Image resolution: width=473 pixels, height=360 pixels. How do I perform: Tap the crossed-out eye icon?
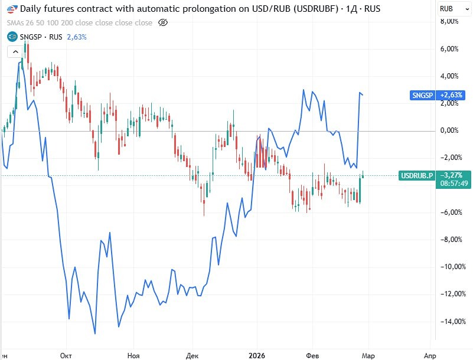point(164,22)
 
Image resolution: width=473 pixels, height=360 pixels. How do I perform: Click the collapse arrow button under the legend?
point(15,51)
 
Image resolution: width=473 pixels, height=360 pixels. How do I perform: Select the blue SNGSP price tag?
point(423,95)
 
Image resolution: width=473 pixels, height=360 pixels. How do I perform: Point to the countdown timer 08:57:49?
point(454,184)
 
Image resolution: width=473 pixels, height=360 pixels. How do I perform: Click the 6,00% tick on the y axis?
point(449,49)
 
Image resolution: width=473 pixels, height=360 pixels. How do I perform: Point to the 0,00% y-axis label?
point(449,130)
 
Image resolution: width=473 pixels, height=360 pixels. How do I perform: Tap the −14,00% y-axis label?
point(448,322)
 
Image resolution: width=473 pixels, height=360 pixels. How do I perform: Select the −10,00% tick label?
point(448,267)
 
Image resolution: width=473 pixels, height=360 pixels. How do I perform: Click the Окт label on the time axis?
point(66,355)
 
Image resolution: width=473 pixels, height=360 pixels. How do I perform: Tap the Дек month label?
point(192,355)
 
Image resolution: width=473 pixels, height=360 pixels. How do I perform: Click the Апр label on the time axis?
point(430,355)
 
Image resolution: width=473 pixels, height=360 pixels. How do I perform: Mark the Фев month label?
point(313,355)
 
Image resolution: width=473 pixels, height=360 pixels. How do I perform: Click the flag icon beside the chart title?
point(12,9)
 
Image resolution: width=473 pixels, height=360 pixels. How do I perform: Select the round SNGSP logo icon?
point(12,37)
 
